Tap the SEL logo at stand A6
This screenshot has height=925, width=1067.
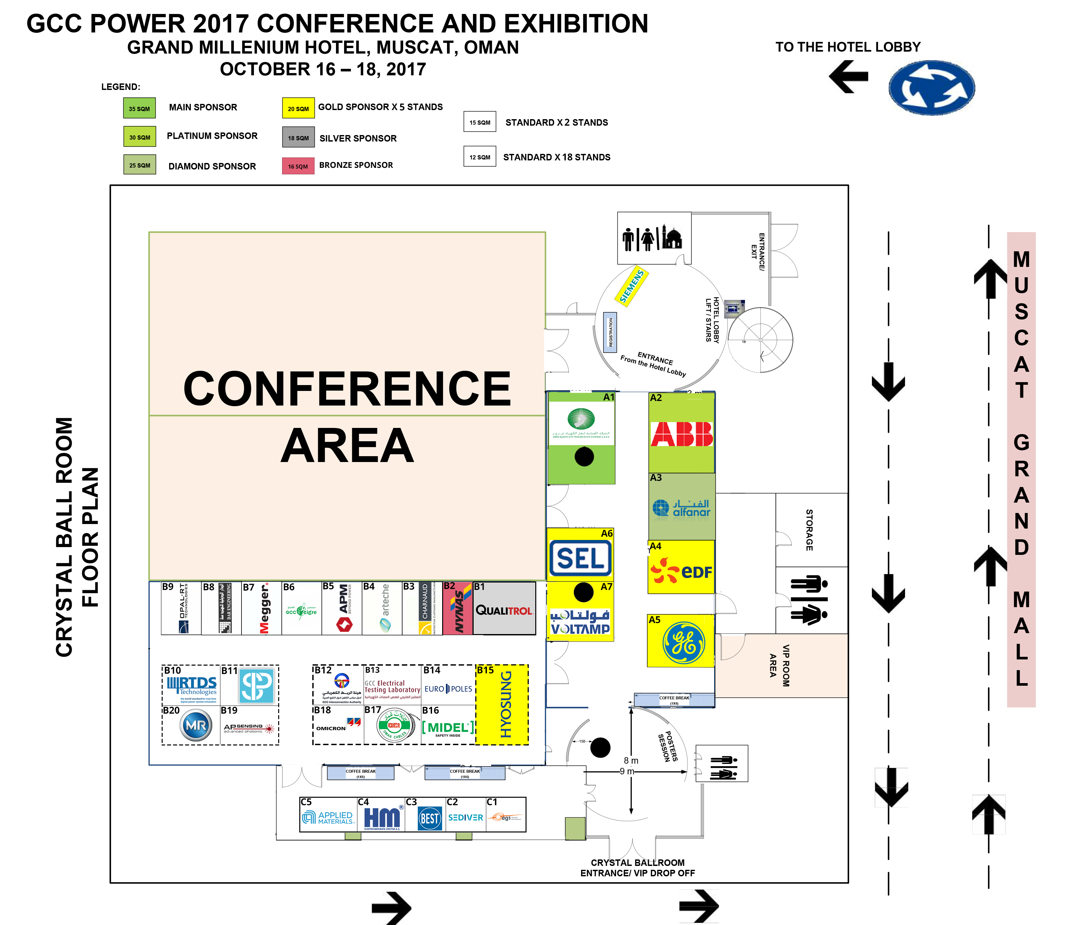tap(580, 558)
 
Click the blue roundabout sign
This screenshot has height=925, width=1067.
tap(931, 87)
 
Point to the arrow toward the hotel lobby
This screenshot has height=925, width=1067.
tap(849, 76)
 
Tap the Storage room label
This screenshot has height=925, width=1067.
tap(809, 530)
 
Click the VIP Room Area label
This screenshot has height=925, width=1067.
tap(779, 665)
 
